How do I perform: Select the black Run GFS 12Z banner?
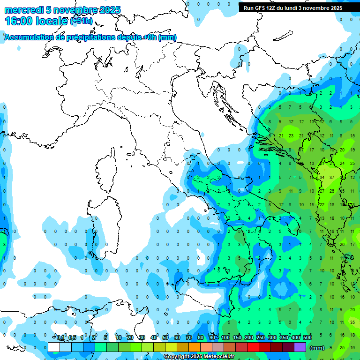click(293, 8)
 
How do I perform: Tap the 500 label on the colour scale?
click(307, 337)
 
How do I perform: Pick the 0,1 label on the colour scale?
click(61, 337)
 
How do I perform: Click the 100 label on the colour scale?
click(225, 337)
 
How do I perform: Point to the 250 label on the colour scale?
click(261, 337)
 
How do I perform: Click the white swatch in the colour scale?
click(54, 347)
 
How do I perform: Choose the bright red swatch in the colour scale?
click(253, 347)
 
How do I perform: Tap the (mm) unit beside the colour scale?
click(317, 348)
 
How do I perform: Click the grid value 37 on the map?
click(332, 177)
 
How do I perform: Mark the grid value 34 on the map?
click(322, 177)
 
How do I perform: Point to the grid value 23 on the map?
click(291, 136)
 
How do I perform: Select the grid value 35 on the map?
click(352, 322)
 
